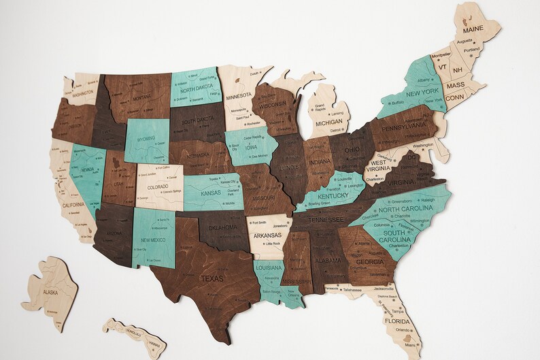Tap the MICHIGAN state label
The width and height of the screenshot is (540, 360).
(x=329, y=123)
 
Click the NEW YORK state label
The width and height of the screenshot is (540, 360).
(x=422, y=93)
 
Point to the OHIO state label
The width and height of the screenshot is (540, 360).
(x=352, y=150)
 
